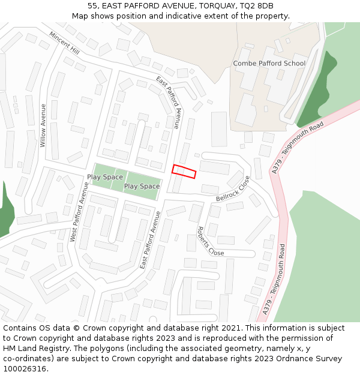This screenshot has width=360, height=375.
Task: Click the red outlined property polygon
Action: [184, 171]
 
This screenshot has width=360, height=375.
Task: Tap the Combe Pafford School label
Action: [269, 63]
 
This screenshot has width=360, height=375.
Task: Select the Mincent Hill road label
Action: [64, 43]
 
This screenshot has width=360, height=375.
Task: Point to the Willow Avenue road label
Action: [43, 125]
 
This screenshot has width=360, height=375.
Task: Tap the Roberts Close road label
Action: [210, 241]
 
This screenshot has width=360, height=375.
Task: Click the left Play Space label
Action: [105, 177]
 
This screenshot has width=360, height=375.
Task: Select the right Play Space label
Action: [142, 186]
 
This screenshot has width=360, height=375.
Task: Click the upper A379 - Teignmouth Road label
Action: [298, 147]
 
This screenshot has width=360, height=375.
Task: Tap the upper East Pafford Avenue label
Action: [168, 103]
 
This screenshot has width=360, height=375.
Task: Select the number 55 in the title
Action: [92, 6]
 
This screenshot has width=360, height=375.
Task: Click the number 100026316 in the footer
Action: [24, 368]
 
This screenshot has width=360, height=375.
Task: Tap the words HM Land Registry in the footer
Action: [32, 348]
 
